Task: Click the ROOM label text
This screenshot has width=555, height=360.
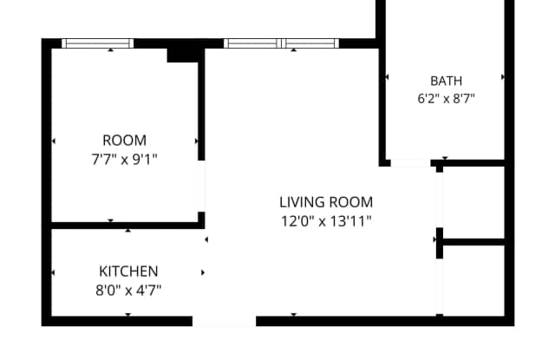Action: [x=124, y=141]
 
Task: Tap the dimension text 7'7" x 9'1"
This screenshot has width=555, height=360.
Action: [x=124, y=160]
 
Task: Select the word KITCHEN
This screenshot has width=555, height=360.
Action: [x=128, y=272]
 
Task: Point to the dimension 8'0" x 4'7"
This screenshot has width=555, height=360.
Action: [x=128, y=291]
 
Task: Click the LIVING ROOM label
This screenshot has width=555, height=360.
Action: [x=326, y=202]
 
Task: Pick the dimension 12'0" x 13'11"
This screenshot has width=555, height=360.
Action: [x=326, y=221]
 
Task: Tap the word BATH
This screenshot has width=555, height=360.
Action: [x=446, y=81]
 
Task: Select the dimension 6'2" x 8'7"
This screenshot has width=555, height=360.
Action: [x=446, y=99]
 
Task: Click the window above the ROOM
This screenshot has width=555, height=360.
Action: [x=98, y=43]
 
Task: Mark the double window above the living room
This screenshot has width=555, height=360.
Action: [x=281, y=43]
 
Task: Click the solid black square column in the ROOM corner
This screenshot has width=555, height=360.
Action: [x=182, y=56]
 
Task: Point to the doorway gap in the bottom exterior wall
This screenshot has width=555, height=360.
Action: [x=224, y=321]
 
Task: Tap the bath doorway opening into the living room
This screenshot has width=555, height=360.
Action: [x=410, y=163]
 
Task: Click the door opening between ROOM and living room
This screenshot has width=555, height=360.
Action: [x=201, y=187]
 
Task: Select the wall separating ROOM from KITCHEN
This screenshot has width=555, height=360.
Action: [x=125, y=226]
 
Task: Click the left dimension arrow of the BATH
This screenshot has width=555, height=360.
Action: [x=387, y=77]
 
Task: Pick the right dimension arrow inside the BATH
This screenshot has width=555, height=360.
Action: [x=503, y=77]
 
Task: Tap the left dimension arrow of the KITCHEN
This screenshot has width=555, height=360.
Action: [x=53, y=272]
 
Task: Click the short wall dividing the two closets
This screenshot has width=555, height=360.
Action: [x=473, y=242]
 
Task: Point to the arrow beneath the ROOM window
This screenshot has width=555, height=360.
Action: [x=111, y=50]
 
